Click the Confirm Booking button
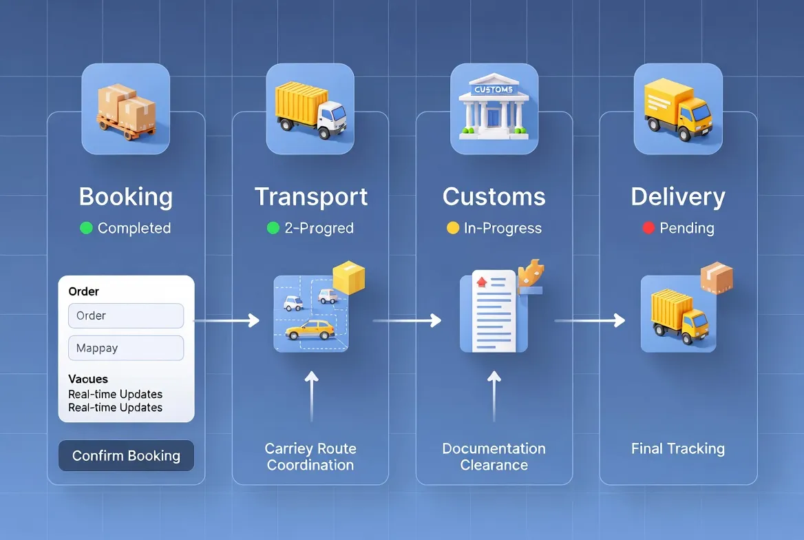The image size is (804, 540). tap(126, 456)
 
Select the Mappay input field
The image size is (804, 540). tap(126, 348)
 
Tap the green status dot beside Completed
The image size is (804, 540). tap(86, 228)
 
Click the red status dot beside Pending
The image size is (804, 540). tap(648, 228)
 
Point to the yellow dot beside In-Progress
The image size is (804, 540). tap(452, 228)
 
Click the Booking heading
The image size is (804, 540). tap(126, 197)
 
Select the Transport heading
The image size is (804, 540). tap(311, 197)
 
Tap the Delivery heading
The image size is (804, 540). tap(678, 197)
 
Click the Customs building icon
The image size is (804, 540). tap(494, 108)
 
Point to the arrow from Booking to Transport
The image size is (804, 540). tap(227, 320)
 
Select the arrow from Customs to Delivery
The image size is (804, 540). tap(590, 320)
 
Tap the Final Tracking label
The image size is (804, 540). tap(678, 449)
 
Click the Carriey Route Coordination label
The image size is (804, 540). tap(310, 457)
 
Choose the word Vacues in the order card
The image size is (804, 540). tap(88, 379)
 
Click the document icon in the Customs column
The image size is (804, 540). tap(494, 310)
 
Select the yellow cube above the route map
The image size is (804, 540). tap(348, 278)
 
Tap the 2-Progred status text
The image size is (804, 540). tap(319, 229)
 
